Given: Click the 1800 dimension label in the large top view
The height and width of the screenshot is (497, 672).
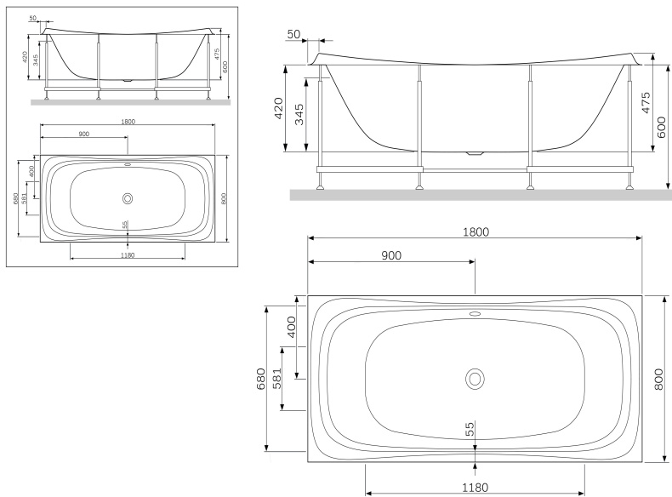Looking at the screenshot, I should coord(475,231).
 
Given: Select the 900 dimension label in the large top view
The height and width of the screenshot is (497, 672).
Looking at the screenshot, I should coord(389,255).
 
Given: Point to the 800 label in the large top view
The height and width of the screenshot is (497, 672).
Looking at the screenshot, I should coord(659,379).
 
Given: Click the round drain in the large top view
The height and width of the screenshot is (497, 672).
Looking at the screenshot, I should coord(475,379).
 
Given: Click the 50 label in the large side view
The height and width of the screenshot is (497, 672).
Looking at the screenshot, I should coord(294,34).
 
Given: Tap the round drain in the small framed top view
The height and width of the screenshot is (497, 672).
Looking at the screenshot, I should coord(128,198).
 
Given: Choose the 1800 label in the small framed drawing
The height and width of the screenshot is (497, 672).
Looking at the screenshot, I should coord(128,122).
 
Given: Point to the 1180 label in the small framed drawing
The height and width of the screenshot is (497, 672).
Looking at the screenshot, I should coord(128,254).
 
